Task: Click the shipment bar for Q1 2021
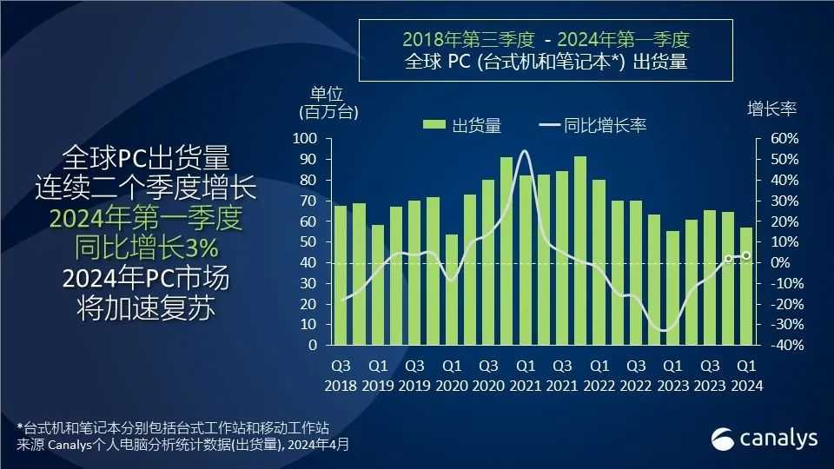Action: [x=525, y=261]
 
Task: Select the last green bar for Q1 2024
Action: [x=745, y=286]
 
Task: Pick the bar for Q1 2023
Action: [x=672, y=287]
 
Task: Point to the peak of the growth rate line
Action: [x=524, y=151]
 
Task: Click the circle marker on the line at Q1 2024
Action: [x=745, y=255]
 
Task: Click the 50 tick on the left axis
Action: [x=308, y=242]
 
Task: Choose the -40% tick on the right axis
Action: [x=780, y=345]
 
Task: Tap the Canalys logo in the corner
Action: [x=764, y=438]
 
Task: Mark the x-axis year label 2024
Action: [x=745, y=386]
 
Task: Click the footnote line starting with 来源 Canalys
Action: [x=183, y=444]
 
